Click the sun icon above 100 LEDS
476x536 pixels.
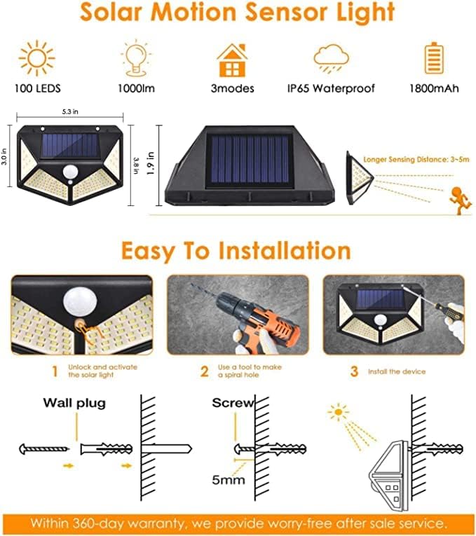(37, 58)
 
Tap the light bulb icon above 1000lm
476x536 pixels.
(136, 58)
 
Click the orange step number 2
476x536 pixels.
(204, 371)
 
